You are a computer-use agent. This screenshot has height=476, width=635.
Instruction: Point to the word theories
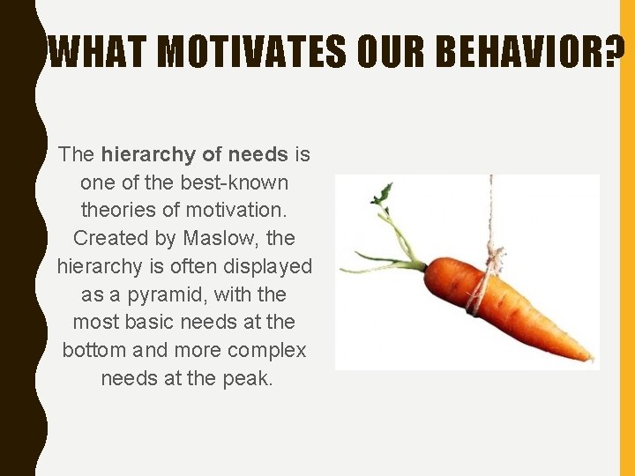(x=117, y=211)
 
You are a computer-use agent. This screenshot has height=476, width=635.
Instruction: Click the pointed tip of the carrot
(x=589, y=359)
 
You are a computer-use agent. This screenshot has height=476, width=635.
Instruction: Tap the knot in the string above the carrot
(x=495, y=259)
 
